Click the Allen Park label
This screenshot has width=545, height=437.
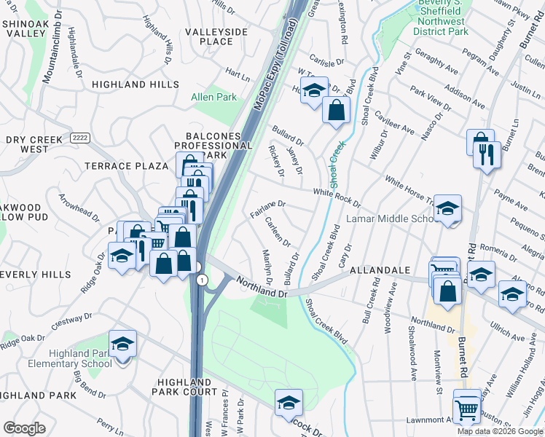click(x=213, y=97)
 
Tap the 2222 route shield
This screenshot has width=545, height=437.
click(x=80, y=138)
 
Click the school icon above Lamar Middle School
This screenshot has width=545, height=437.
click(x=448, y=208)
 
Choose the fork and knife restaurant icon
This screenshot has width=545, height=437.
click(x=486, y=154)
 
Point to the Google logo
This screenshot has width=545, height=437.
click(x=24, y=428)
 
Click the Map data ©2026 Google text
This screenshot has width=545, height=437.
click(x=499, y=431)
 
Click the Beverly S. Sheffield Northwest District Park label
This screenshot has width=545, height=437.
click(x=440, y=17)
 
